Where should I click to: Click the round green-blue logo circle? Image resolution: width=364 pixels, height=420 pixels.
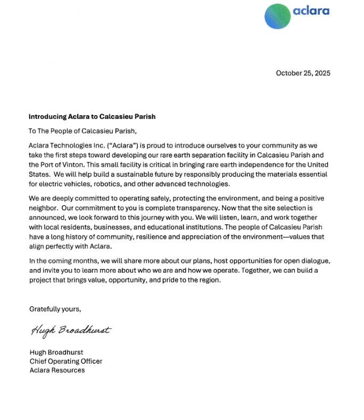[278, 15]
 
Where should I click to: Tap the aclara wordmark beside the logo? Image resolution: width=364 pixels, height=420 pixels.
[311, 11]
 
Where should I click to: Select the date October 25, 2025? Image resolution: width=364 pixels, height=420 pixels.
[303, 73]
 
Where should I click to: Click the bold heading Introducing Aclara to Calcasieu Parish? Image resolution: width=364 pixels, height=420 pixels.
[92, 116]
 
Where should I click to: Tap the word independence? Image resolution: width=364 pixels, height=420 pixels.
[253, 165]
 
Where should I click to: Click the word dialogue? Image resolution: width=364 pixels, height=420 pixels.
[315, 261]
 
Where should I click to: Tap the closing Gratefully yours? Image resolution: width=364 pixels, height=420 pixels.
[55, 309]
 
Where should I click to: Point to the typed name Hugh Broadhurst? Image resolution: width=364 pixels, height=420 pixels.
[56, 352]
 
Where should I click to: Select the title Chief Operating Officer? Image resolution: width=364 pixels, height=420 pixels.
[65, 361]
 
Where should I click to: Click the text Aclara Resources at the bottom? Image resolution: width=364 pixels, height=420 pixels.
[57, 370]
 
